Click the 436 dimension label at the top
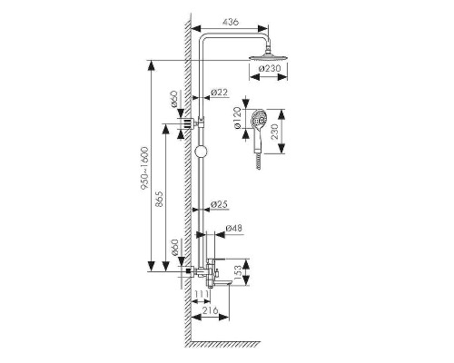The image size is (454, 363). [x=231, y=22]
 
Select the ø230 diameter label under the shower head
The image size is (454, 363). [x=270, y=68]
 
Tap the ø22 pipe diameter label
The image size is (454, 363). [x=219, y=93]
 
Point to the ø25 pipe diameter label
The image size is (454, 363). [x=219, y=204]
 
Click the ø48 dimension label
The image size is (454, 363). [x=234, y=228]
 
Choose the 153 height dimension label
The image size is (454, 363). [x=238, y=271]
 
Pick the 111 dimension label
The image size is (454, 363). [x=202, y=294]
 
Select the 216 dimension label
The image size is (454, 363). [x=211, y=310]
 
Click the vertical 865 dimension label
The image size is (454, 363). [x=159, y=199]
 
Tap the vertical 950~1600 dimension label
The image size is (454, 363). [x=144, y=169]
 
